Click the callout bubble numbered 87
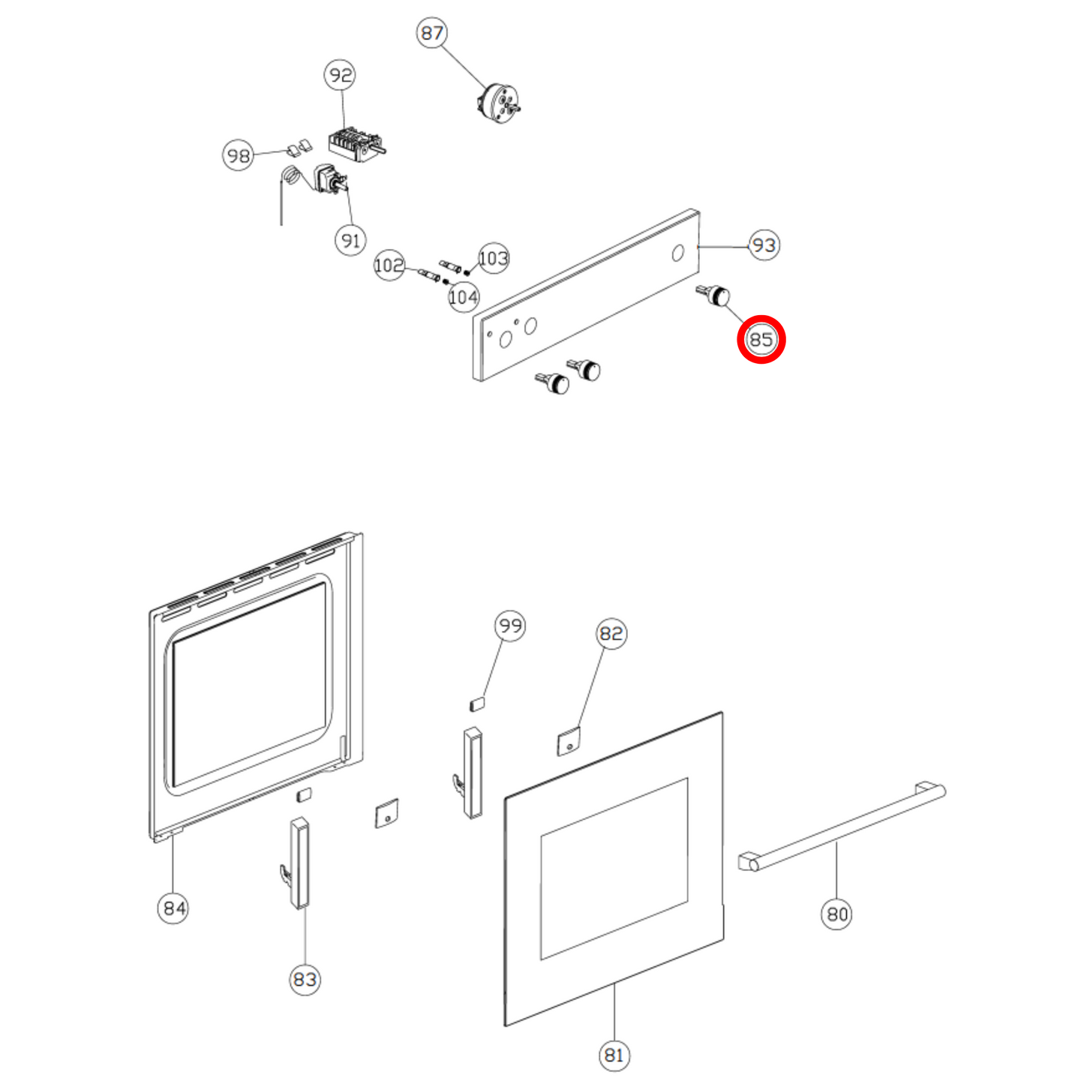(x=431, y=33)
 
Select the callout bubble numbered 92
(x=341, y=75)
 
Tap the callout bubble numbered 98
(x=238, y=156)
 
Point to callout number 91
(x=350, y=241)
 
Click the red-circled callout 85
(x=761, y=340)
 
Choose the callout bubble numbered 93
(x=764, y=245)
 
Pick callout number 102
(x=389, y=265)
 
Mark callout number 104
(x=464, y=297)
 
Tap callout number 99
(x=511, y=626)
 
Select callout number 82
(x=611, y=634)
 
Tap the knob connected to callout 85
(x=713, y=296)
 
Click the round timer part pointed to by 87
(x=499, y=102)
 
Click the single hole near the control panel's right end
(x=678, y=253)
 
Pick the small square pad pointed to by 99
(x=476, y=704)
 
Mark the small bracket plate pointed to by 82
(x=568, y=742)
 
